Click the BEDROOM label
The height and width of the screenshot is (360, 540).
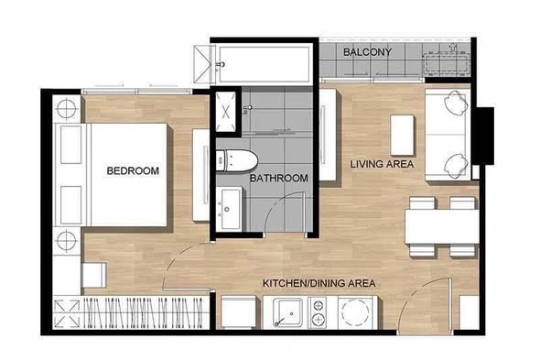pyautogui.click(x=133, y=170)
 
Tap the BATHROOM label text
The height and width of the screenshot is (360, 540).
pyautogui.click(x=279, y=179)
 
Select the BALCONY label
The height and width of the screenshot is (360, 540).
pyautogui.click(x=367, y=52)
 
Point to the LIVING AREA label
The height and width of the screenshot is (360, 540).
pyautogui.click(x=382, y=164)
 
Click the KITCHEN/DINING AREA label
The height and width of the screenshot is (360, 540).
pyautogui.click(x=319, y=283)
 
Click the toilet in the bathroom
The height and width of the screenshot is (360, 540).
pyautogui.click(x=237, y=160)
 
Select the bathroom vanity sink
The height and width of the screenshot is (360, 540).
pyautogui.click(x=230, y=209)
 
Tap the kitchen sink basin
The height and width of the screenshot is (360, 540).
pyautogui.click(x=287, y=312)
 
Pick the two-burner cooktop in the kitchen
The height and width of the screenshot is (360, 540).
pyautogui.click(x=319, y=312)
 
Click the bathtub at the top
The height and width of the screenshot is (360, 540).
pyautogui.click(x=265, y=64)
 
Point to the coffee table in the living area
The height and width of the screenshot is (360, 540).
pyautogui.click(x=402, y=136)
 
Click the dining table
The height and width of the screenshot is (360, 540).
pyautogui.click(x=442, y=226)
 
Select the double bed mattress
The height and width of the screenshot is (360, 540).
pyautogui.click(x=128, y=175)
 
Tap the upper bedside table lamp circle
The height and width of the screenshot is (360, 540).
pyautogui.click(x=67, y=108)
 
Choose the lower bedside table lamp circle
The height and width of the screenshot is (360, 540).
pyautogui.click(x=67, y=241)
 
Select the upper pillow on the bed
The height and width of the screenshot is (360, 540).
pyautogui.click(x=71, y=145)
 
